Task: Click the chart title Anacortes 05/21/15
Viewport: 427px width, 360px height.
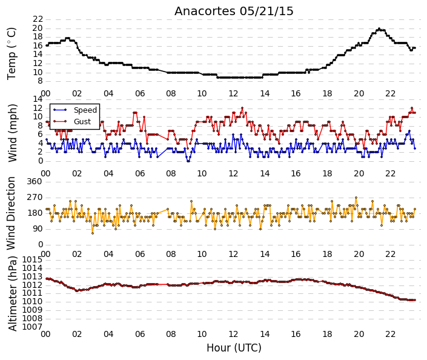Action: [x=234, y=11]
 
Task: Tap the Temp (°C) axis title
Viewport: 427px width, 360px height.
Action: [x=12, y=54]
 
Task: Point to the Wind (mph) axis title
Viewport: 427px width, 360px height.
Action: [x=12, y=133]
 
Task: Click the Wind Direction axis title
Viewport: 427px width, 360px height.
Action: [x=11, y=213]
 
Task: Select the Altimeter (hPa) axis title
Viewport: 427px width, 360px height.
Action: [x=12, y=293]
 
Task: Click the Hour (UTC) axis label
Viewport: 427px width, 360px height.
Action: [x=234, y=348]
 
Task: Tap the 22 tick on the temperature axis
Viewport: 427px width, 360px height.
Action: [x=38, y=19]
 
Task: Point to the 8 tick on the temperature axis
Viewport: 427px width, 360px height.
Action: [x=41, y=81]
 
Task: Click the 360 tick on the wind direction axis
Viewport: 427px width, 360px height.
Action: [x=35, y=181]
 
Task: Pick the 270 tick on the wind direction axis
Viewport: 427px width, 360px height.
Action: [x=35, y=198]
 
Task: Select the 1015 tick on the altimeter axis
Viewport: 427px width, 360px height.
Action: [x=33, y=259]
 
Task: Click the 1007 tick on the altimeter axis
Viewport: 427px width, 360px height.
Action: [x=33, y=327]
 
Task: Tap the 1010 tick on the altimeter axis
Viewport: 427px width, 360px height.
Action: [x=33, y=301]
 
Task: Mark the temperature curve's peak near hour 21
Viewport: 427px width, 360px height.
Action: [x=379, y=28]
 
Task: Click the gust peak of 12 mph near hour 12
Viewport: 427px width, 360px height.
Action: [x=242, y=108]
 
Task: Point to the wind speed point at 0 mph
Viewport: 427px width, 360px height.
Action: [x=188, y=161]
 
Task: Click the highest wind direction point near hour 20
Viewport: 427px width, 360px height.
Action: [x=356, y=198]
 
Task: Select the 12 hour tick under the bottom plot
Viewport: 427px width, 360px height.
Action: [x=233, y=334]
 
